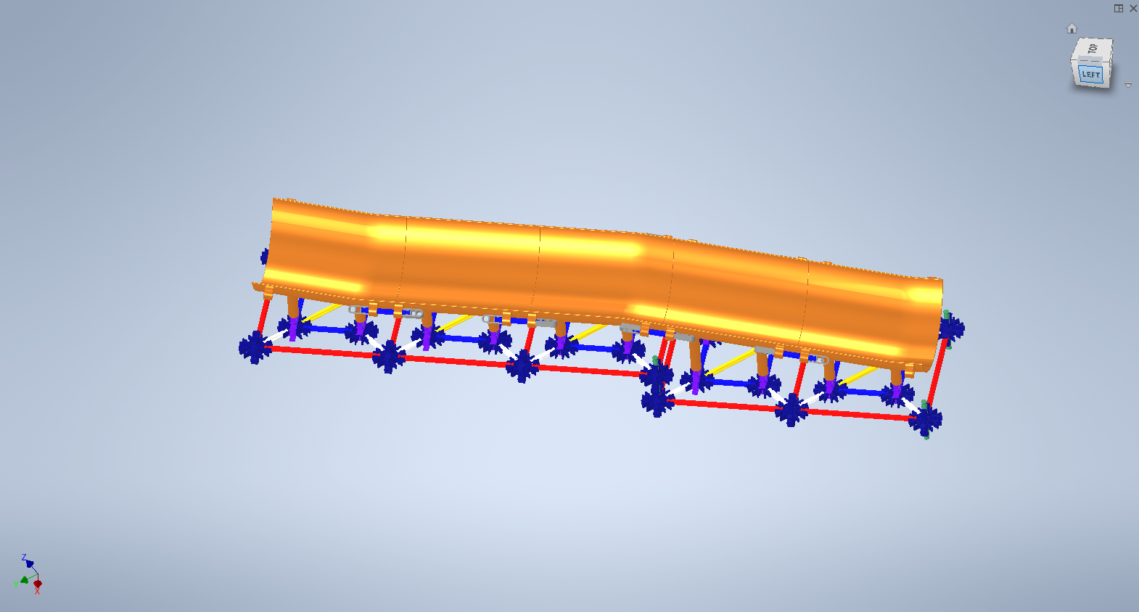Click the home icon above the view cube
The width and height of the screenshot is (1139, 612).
(x=1072, y=28)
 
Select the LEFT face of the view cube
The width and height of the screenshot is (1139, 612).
(x=1090, y=74)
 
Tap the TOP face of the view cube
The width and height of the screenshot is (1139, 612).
(x=1093, y=49)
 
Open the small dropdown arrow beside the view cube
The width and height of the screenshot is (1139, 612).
(x=1128, y=85)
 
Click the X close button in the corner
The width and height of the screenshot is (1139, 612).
(x=1133, y=8)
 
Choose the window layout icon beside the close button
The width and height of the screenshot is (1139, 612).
(x=1119, y=8)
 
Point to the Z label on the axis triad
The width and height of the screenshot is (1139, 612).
(x=23, y=558)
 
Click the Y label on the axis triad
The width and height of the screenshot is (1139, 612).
(x=16, y=584)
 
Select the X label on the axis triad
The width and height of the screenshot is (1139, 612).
(x=37, y=591)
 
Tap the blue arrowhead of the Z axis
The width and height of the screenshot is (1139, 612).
(x=30, y=563)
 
